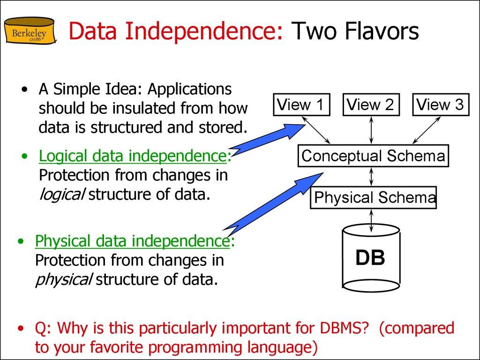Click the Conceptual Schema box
point(373,156)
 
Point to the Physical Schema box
point(374,197)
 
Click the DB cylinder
point(371,257)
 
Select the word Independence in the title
point(203,31)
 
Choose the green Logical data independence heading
point(133,156)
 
